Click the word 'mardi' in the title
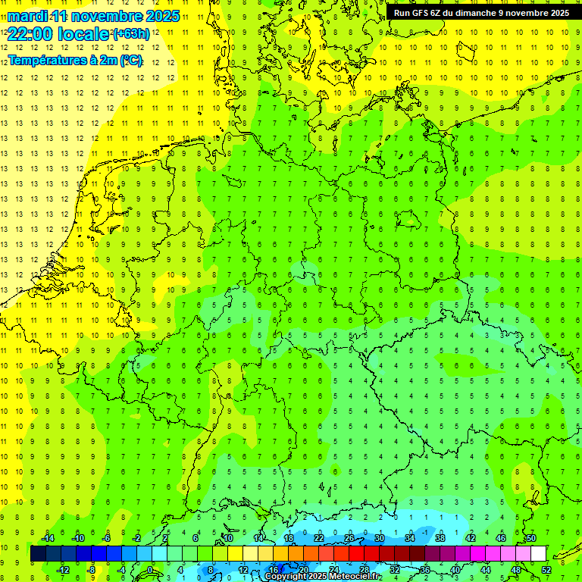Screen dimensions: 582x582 27,16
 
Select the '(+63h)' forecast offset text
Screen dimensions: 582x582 130,33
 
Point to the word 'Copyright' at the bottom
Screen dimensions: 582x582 286,577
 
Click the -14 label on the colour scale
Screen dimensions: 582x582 48,538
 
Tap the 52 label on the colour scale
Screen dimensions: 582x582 546,570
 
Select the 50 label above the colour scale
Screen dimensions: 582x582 530,538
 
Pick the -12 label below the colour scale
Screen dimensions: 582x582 63,570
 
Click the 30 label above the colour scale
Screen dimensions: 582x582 379,538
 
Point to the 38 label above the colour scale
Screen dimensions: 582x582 440,538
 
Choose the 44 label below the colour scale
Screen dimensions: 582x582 485,570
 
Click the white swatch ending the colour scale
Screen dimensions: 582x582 538,554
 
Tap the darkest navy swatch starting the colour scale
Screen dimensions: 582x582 38,554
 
